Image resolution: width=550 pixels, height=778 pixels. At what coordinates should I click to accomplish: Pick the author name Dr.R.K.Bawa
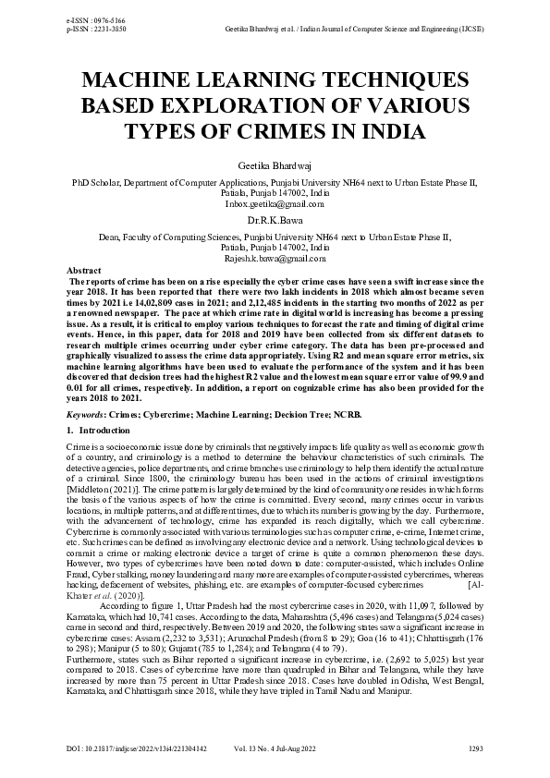click(275, 222)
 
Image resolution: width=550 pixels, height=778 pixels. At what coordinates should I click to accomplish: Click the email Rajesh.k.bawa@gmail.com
click(275, 260)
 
